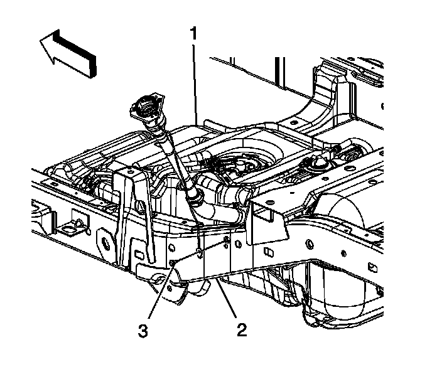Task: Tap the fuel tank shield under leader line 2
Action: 207,267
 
